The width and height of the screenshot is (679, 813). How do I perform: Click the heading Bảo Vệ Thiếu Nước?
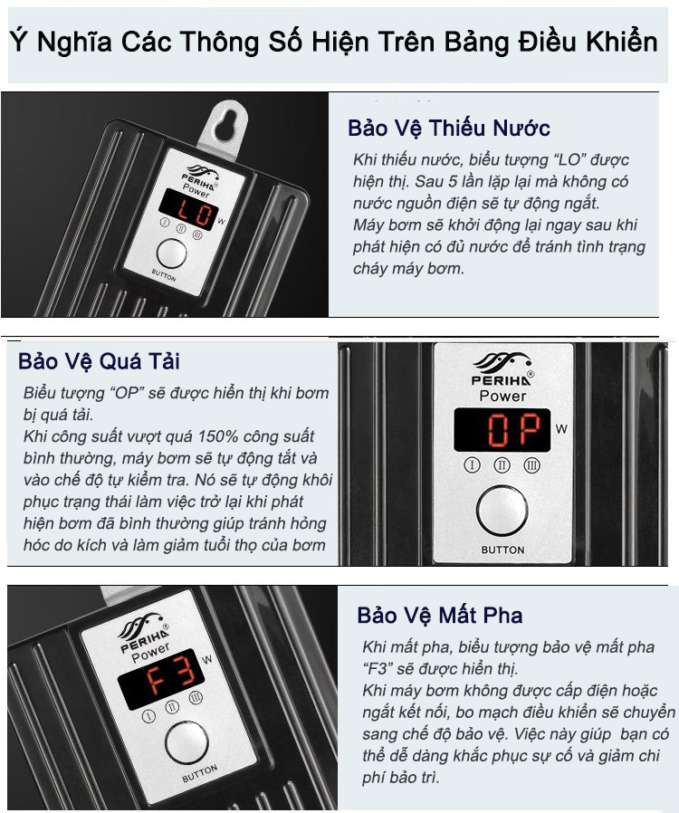tap(449, 128)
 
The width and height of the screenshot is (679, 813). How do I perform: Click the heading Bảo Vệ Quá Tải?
tap(99, 361)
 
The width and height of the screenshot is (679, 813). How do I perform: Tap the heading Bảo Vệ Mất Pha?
tap(439, 616)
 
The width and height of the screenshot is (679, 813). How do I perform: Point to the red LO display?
tap(189, 209)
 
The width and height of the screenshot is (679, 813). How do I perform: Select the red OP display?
tap(502, 430)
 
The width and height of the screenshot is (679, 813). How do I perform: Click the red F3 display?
tap(161, 679)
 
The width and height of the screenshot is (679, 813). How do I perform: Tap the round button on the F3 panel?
tap(186, 742)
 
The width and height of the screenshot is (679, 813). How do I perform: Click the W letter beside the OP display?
tap(561, 429)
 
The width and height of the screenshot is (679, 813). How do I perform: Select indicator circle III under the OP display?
tap(531, 465)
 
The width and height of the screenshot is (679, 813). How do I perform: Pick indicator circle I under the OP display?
tap(472, 465)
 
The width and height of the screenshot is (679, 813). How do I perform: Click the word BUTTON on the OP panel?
tap(502, 550)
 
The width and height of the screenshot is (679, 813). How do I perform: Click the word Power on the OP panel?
tap(502, 397)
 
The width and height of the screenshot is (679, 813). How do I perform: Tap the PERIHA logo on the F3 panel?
tap(143, 631)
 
